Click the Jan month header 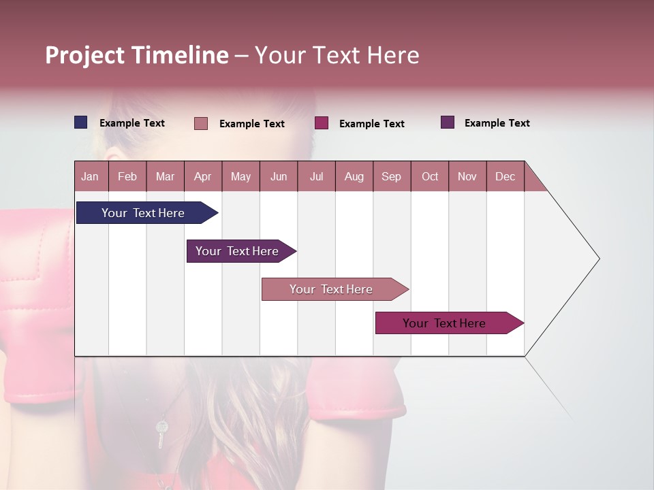tap(90, 177)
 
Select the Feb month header tap(127, 177)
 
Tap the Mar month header tap(165, 177)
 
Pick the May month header tap(240, 177)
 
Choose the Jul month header tap(316, 177)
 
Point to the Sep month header tap(391, 177)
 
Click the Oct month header tap(430, 177)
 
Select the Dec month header tap(505, 177)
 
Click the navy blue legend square tap(81, 122)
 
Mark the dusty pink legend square tap(201, 123)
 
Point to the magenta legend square tap(322, 123)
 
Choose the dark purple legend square tap(448, 122)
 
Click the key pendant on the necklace tap(161, 433)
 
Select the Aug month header tap(354, 177)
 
